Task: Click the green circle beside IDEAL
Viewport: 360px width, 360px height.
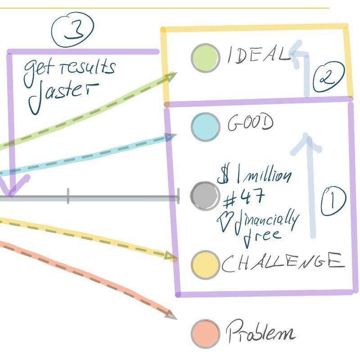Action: click(x=205, y=58)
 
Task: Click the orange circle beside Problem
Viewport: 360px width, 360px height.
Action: click(x=205, y=333)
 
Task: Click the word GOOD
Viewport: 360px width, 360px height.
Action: click(x=250, y=122)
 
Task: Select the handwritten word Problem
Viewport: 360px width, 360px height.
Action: click(x=261, y=333)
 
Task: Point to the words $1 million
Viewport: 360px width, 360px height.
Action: click(x=254, y=176)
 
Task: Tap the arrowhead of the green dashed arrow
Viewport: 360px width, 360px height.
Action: click(x=170, y=77)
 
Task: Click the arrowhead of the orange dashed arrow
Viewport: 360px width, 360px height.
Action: click(x=171, y=315)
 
